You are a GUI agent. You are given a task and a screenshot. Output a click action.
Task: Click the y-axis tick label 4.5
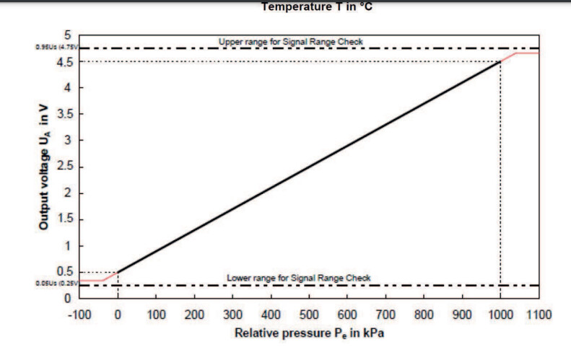click(64, 61)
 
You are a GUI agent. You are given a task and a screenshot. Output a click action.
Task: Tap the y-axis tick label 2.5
click(64, 167)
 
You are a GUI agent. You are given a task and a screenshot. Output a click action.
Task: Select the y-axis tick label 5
click(68, 35)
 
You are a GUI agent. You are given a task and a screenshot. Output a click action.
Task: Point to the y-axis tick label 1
click(68, 246)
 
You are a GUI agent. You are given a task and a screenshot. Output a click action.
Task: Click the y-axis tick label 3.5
click(64, 114)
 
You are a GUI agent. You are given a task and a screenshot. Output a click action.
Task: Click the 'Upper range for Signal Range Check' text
click(291, 42)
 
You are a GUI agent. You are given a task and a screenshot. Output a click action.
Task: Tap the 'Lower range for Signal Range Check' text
click(298, 278)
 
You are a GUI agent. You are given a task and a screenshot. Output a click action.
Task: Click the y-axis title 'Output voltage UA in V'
click(45, 167)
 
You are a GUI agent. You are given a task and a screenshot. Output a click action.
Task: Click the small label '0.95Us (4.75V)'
click(54, 48)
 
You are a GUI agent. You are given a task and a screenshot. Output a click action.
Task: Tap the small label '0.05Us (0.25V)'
click(54, 284)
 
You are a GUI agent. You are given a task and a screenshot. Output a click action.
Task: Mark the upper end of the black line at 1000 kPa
click(500, 61)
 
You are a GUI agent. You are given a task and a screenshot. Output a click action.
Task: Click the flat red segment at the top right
click(528, 53)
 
